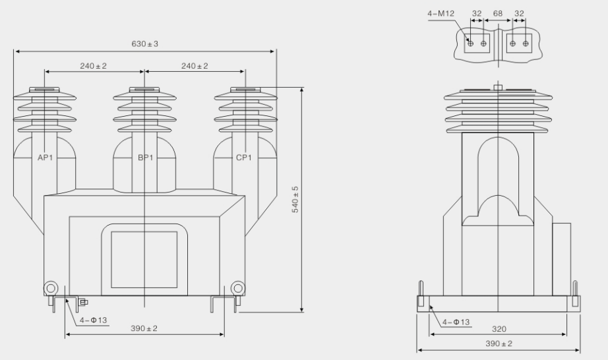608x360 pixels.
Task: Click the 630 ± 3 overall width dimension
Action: tap(145, 44)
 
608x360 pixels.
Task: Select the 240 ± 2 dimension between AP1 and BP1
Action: tap(94, 66)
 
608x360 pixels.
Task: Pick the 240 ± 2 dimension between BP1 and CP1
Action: tap(195, 66)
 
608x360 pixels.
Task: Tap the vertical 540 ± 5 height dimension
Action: tap(295, 198)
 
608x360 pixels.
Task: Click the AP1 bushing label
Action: tap(45, 158)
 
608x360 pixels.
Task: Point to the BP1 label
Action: tap(145, 158)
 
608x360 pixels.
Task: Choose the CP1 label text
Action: tap(244, 158)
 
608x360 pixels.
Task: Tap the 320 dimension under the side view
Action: tap(498, 328)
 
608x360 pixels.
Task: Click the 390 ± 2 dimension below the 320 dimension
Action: tap(498, 344)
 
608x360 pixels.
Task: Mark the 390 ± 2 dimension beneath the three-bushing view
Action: tap(144, 328)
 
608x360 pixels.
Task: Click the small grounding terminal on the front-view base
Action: tap(83, 303)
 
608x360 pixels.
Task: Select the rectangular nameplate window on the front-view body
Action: tap(143, 259)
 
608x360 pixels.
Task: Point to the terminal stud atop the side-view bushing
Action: tap(498, 87)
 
